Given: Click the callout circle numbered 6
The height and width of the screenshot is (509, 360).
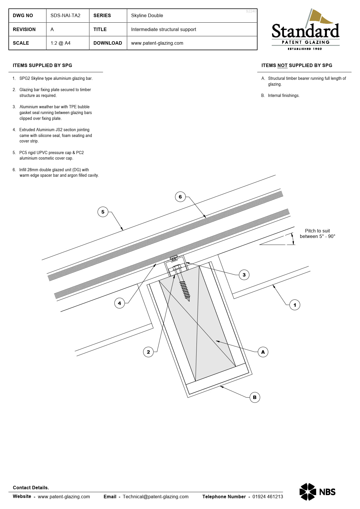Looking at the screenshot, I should point(180,197).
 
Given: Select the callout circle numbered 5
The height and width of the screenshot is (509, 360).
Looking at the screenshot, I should point(103,212).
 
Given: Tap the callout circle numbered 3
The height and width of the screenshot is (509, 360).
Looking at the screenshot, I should point(244,275).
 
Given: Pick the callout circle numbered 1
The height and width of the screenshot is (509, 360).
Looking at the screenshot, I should point(295,305).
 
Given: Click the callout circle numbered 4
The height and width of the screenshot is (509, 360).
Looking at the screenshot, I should point(119,303).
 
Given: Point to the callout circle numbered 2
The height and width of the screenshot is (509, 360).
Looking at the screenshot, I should point(148,352).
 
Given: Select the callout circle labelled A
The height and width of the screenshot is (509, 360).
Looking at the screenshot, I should point(263,352).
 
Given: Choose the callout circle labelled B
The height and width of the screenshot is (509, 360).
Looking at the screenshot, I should point(255,397).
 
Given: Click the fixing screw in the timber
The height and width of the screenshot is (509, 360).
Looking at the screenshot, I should point(184,287).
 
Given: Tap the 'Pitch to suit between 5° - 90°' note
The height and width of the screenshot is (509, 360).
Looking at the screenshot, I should point(317,234).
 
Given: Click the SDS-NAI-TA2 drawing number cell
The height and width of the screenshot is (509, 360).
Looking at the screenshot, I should point(65,16).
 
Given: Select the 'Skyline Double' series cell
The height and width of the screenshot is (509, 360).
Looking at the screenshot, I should point(147,16).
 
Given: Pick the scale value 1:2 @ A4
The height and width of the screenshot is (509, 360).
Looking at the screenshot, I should point(60,43).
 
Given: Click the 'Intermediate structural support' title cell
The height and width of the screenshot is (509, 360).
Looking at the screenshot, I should point(163,30).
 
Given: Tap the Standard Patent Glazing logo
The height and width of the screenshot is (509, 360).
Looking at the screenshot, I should point(305,30).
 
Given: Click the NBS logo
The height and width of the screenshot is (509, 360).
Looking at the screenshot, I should point(317,492).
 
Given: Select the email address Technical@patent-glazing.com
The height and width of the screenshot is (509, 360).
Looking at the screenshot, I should point(155,497).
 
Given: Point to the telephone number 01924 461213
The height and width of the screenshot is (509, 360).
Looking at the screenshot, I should point(267,497).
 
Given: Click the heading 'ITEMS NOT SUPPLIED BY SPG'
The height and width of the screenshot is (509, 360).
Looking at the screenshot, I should point(296,66).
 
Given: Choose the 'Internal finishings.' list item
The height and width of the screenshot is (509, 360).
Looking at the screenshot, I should point(283,95).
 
